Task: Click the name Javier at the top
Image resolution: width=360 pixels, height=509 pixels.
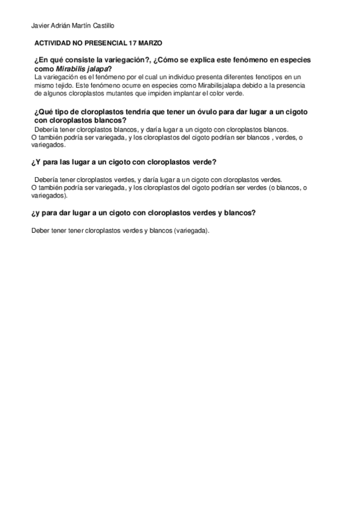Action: pos(40,25)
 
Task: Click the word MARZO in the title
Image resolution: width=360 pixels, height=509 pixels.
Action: pos(150,44)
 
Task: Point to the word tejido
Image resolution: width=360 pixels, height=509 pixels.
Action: pos(67,85)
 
